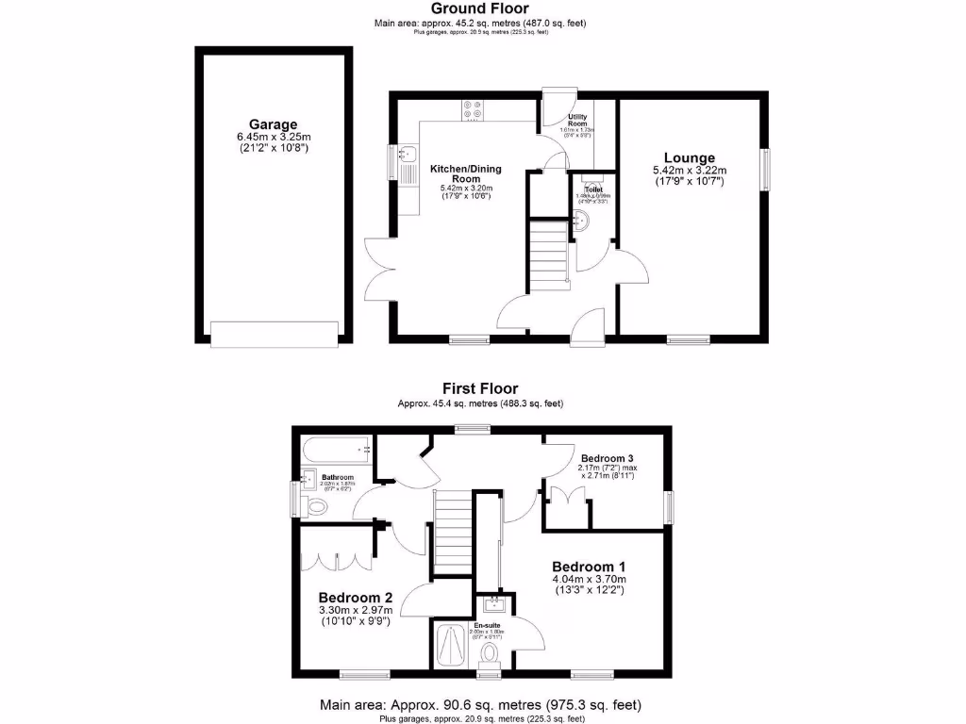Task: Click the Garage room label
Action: (273, 124)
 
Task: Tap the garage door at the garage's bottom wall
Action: (274, 334)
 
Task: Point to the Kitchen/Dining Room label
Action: (466, 173)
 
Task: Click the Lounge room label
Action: (689, 157)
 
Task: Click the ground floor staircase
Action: (546, 252)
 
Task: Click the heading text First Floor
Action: (480, 387)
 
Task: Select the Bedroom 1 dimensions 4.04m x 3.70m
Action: (589, 579)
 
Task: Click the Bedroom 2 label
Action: (355, 597)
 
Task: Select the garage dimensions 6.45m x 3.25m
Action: (274, 138)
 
